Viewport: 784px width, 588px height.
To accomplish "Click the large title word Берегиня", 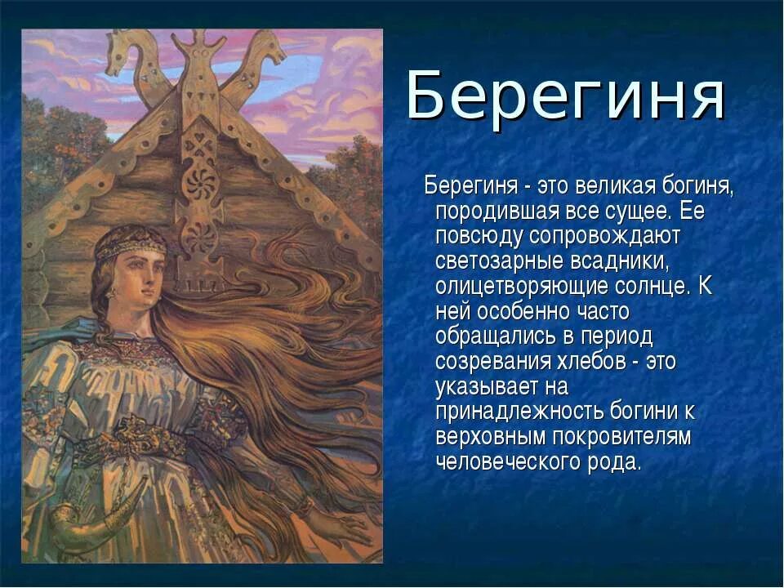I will (x=565, y=97).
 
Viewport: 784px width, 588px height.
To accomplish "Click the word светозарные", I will (x=503, y=263).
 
